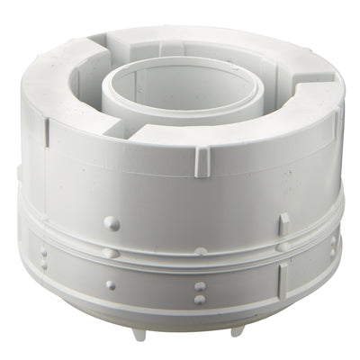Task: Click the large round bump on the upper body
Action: point(111,221)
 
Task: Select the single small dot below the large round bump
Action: point(110,285)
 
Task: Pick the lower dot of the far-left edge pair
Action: point(44,265)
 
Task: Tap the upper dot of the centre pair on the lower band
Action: point(200,287)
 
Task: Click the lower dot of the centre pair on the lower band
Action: point(200,299)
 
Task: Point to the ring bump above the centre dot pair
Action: point(201,251)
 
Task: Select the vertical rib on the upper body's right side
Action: point(283,222)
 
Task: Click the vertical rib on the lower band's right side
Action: point(281,280)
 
